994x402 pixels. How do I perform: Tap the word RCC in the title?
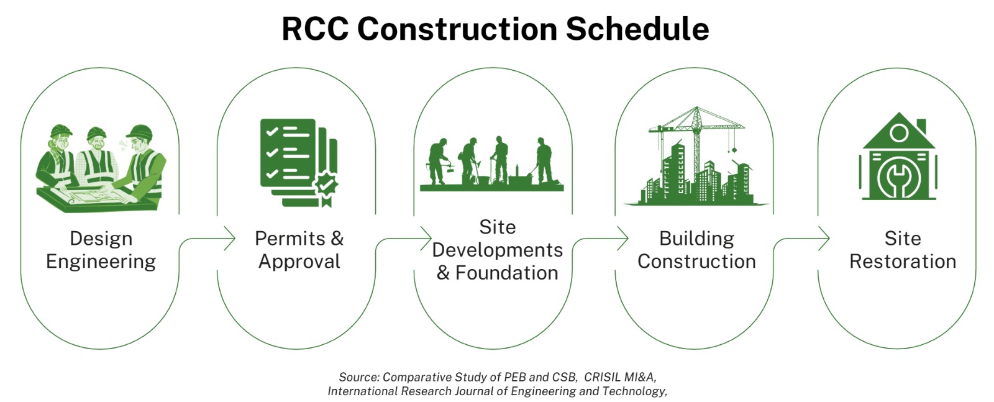(x=315, y=29)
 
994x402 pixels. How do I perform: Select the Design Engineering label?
(x=101, y=250)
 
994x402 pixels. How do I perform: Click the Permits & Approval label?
(x=299, y=250)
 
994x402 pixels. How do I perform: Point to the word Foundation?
(x=506, y=273)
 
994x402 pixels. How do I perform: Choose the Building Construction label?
(x=696, y=250)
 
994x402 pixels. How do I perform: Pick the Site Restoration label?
(x=903, y=250)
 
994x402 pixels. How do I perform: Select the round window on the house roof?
(x=898, y=132)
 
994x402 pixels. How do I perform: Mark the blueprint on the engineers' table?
(x=99, y=196)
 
